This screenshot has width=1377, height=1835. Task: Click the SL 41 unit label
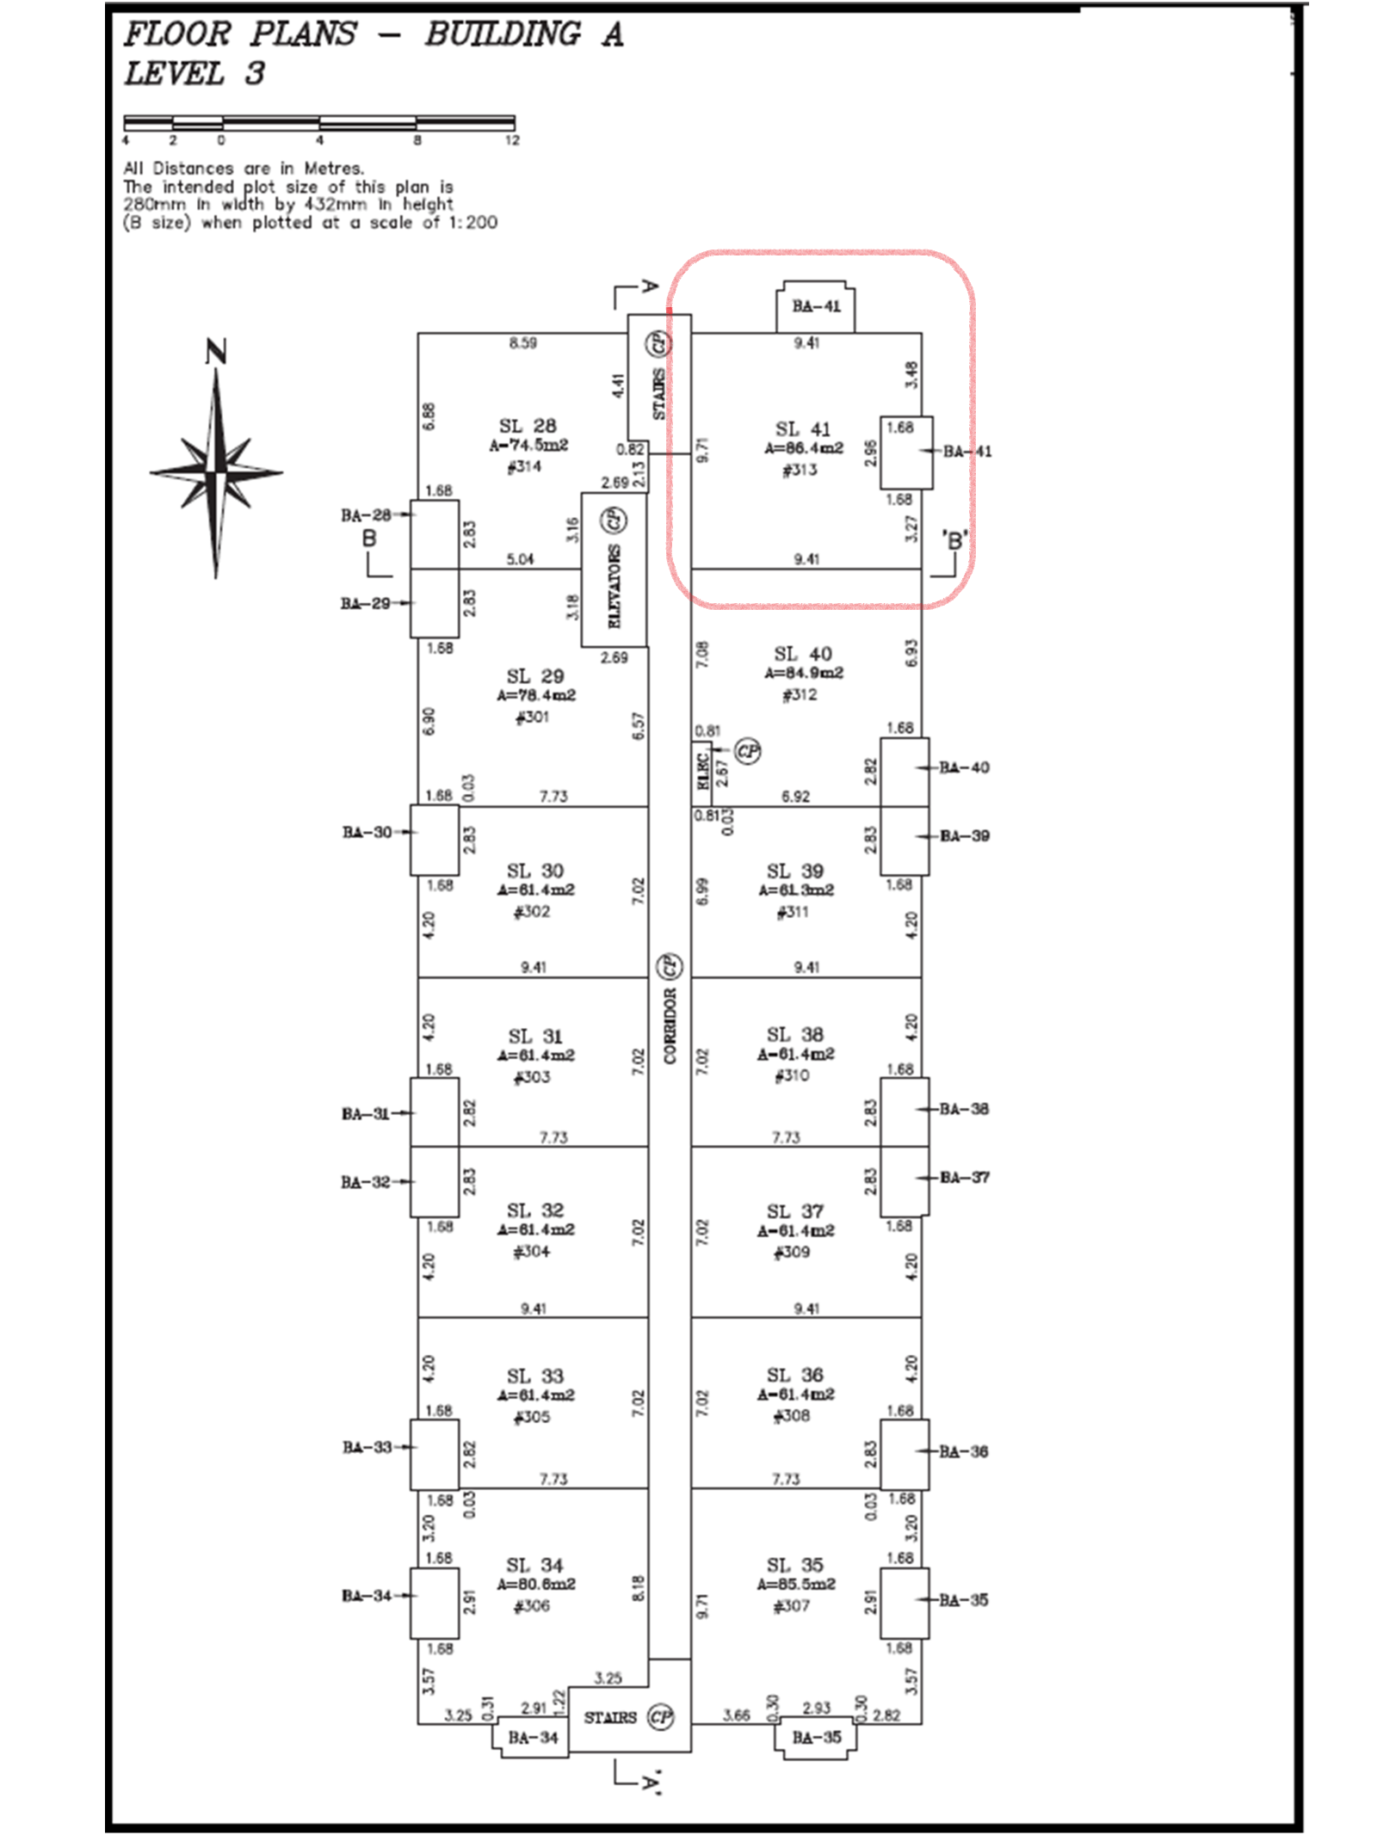tap(802, 428)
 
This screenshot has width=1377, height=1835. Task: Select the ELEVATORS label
tap(614, 585)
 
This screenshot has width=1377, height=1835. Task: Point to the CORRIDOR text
tap(670, 1025)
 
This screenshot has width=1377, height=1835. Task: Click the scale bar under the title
tap(319, 122)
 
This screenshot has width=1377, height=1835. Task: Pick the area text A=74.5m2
tap(528, 446)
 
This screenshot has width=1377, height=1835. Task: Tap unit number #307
tap(792, 1605)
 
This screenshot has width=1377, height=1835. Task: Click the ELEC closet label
tap(702, 771)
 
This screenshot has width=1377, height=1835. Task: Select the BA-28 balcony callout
tap(366, 515)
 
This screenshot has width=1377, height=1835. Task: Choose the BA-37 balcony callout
tap(965, 1177)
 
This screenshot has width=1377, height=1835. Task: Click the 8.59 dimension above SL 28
tap(522, 343)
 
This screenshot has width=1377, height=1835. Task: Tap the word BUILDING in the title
tap(503, 34)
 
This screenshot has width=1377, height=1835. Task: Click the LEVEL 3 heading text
tap(195, 74)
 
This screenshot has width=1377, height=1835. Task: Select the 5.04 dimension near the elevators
tap(520, 559)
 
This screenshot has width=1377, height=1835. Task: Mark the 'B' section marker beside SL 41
tap(954, 541)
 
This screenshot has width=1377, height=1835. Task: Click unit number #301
tap(532, 717)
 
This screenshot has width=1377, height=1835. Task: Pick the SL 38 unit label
tap(794, 1034)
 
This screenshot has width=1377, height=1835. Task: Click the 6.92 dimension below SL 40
tap(795, 797)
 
